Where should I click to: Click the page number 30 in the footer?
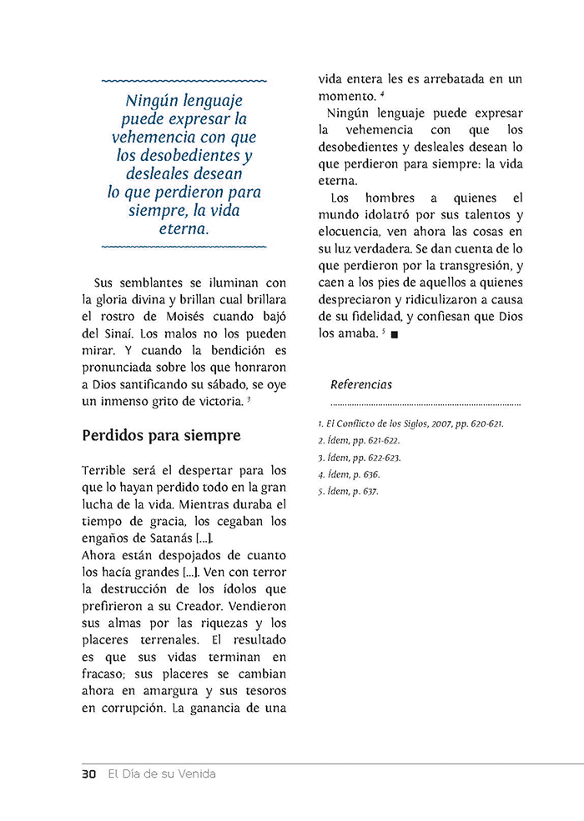[x=89, y=773]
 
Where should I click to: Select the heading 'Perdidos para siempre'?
[x=161, y=435]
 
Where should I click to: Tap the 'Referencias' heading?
[x=360, y=384]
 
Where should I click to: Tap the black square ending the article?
[x=395, y=335]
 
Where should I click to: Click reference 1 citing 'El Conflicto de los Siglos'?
[x=411, y=423]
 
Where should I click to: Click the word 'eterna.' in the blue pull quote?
[x=184, y=228]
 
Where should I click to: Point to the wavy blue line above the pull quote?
[x=184, y=81]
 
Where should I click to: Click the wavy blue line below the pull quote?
[x=184, y=248]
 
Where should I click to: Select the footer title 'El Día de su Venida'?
[x=162, y=773]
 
